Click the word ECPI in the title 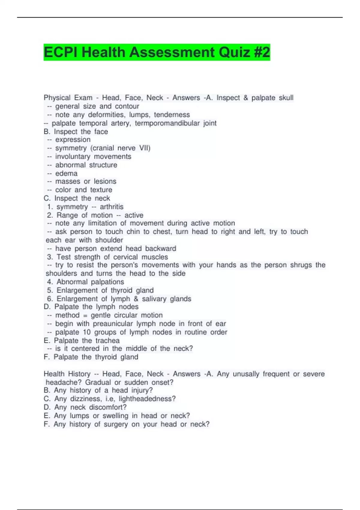[61, 52]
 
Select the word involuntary [73, 157]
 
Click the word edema [66, 173]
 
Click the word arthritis [112, 207]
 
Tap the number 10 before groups [87, 332]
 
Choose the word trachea [107, 340]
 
